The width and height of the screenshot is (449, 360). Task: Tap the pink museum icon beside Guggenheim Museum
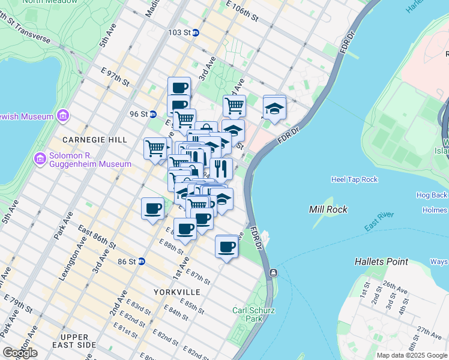[40, 159]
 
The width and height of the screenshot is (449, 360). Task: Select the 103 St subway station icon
[195, 32]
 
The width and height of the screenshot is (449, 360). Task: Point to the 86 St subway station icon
[141, 261]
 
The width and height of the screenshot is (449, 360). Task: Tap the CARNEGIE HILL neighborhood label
[97, 139]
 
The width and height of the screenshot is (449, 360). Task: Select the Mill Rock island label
[325, 209]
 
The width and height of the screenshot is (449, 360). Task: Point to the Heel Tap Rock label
[354, 179]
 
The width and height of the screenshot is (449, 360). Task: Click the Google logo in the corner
[20, 352]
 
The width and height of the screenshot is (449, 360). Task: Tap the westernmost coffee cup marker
[152, 209]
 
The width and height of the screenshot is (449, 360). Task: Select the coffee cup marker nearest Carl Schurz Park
[226, 247]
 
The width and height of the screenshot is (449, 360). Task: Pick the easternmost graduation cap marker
[274, 108]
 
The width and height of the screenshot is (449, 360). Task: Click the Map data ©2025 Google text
[412, 355]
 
